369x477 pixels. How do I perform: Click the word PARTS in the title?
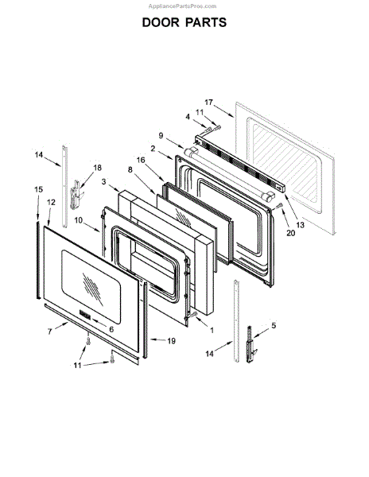[206, 22]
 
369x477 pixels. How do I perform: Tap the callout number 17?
[208, 103]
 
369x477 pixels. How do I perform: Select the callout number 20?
[291, 233]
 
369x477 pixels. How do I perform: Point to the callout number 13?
[301, 225]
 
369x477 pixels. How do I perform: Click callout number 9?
[161, 136]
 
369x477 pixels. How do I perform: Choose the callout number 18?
[97, 168]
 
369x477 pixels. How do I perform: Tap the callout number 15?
[38, 189]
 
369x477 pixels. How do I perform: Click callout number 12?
[51, 202]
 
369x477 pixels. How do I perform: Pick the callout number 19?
[172, 341]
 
